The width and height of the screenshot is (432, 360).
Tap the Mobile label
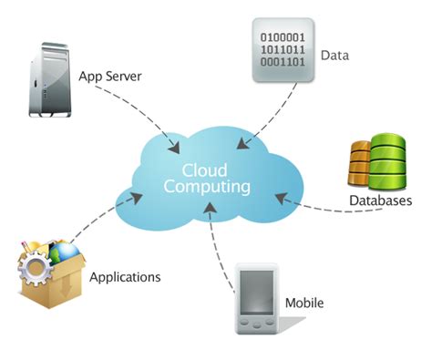coord(304,303)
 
